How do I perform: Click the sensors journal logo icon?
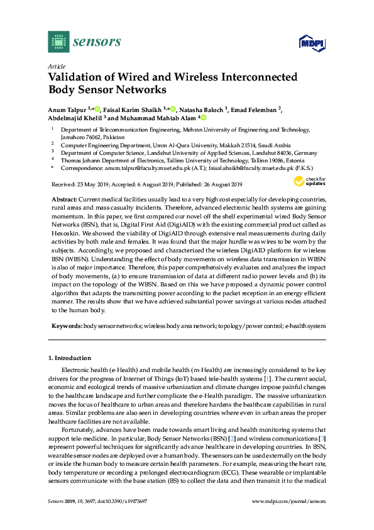point(58,42)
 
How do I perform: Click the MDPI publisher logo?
point(308,43)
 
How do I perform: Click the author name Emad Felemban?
point(255,110)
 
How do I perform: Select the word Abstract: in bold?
point(66,199)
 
